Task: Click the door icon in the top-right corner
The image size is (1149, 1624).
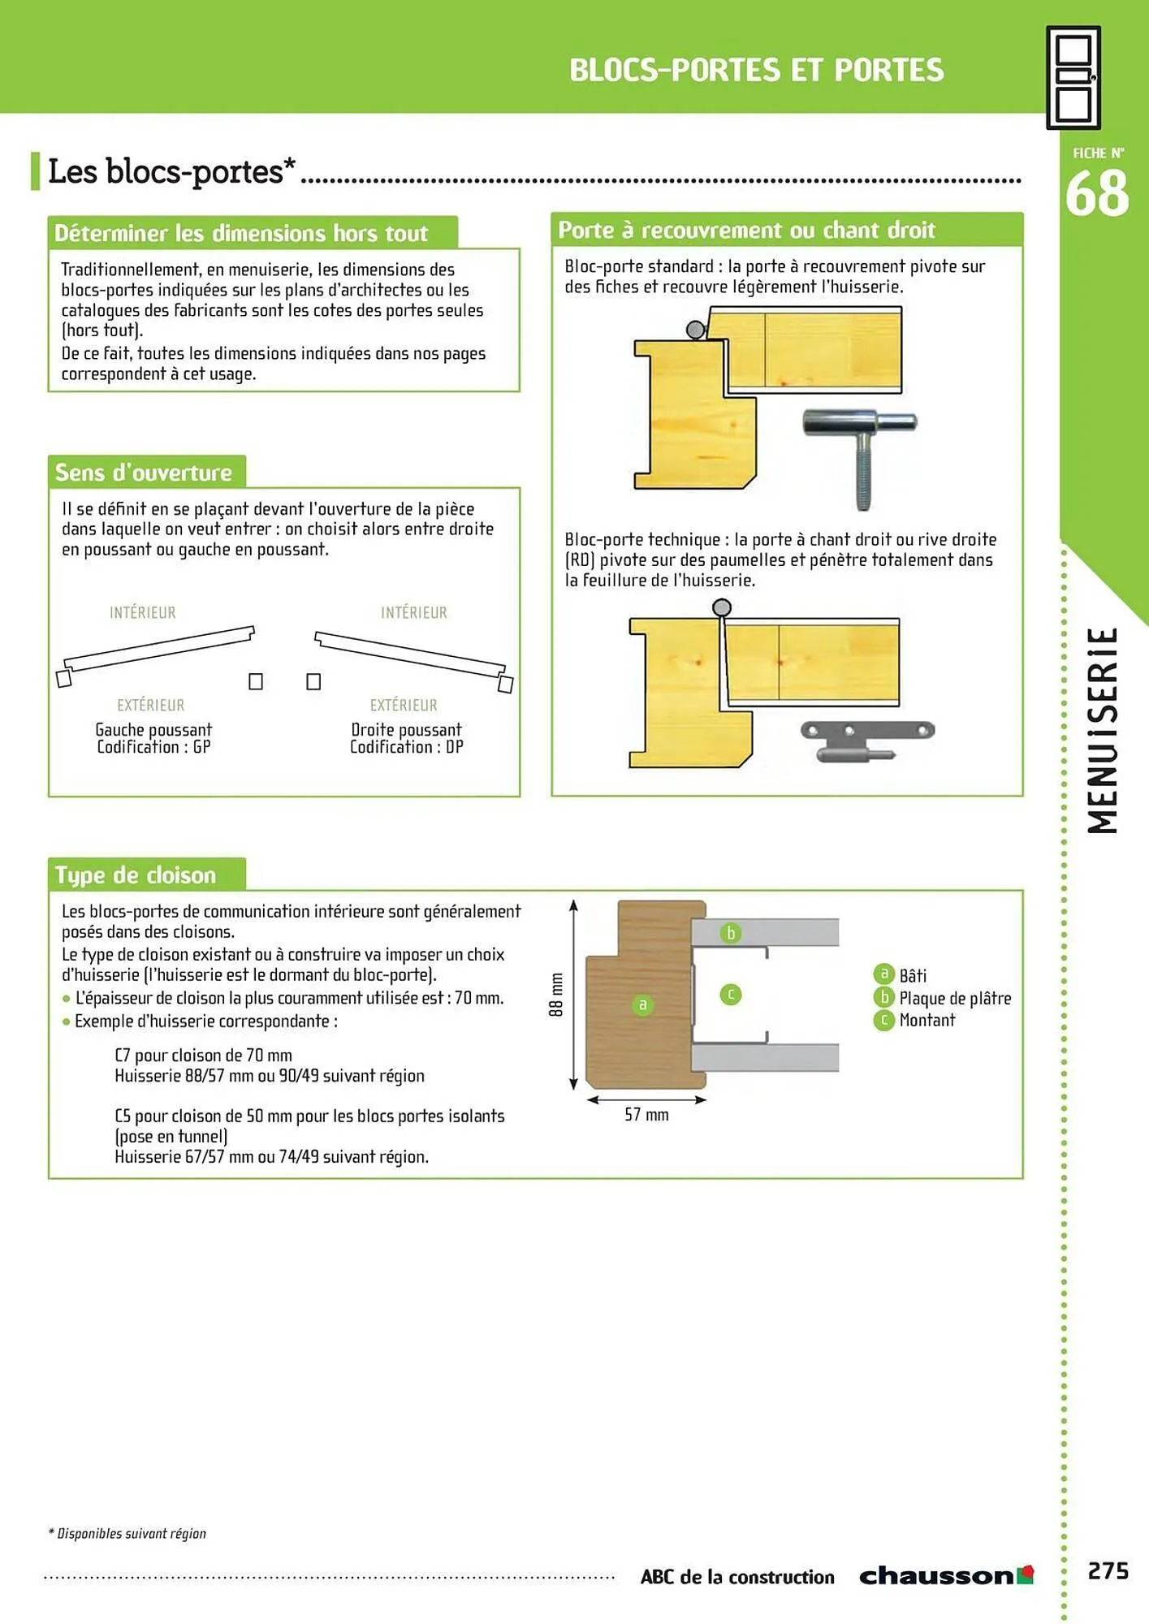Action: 1073,77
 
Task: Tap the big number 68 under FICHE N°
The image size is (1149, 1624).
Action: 1096,194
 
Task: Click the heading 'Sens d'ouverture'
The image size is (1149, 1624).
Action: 144,473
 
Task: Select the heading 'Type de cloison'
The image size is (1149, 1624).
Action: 136,875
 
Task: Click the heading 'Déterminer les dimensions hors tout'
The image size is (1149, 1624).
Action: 241,234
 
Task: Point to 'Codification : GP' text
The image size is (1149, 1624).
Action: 153,747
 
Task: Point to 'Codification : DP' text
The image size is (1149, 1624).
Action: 406,747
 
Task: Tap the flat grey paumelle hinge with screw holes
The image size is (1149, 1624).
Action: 867,739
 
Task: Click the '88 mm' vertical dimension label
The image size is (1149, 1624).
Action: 556,995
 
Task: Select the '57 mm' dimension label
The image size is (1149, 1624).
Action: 646,1115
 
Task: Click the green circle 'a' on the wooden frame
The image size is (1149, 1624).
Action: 642,1005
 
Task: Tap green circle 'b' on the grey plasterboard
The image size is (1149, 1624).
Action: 731,933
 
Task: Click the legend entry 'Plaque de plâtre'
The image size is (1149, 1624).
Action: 954,998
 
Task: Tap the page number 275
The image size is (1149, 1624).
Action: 1108,1571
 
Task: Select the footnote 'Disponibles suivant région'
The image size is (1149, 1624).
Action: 130,1533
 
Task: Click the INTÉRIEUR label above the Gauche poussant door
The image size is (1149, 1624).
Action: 143,612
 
